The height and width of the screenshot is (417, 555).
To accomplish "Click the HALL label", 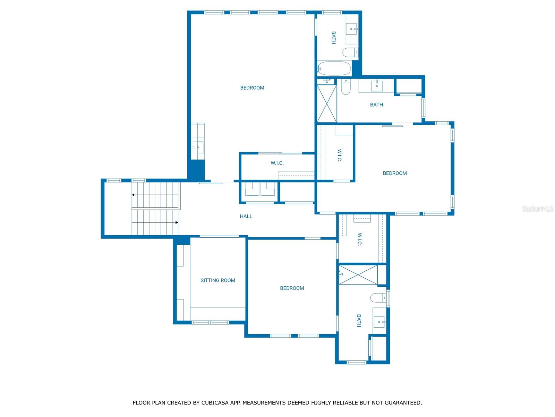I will point(246,216).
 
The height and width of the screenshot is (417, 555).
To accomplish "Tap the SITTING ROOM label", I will point(217,280).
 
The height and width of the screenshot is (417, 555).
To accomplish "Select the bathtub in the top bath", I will point(334,68).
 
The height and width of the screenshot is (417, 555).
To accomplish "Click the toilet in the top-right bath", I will point(350,52).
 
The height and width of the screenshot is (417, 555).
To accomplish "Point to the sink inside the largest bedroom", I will point(198,147).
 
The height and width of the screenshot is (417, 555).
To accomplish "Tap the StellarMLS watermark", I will point(537,209).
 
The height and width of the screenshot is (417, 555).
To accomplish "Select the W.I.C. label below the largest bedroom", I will point(277,163).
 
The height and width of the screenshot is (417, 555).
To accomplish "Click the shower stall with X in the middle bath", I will point(327,104).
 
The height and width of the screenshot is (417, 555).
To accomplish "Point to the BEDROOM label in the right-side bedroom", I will point(394,173).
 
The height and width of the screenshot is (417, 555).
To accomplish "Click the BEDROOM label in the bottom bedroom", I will point(292,288).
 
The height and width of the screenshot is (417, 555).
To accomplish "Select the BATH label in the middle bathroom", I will point(376,105).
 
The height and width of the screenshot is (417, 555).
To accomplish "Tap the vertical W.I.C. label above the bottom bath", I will point(359,239).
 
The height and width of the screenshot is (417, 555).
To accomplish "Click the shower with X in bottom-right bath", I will point(358,275).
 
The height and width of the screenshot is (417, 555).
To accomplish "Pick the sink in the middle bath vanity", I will point(377,85).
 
